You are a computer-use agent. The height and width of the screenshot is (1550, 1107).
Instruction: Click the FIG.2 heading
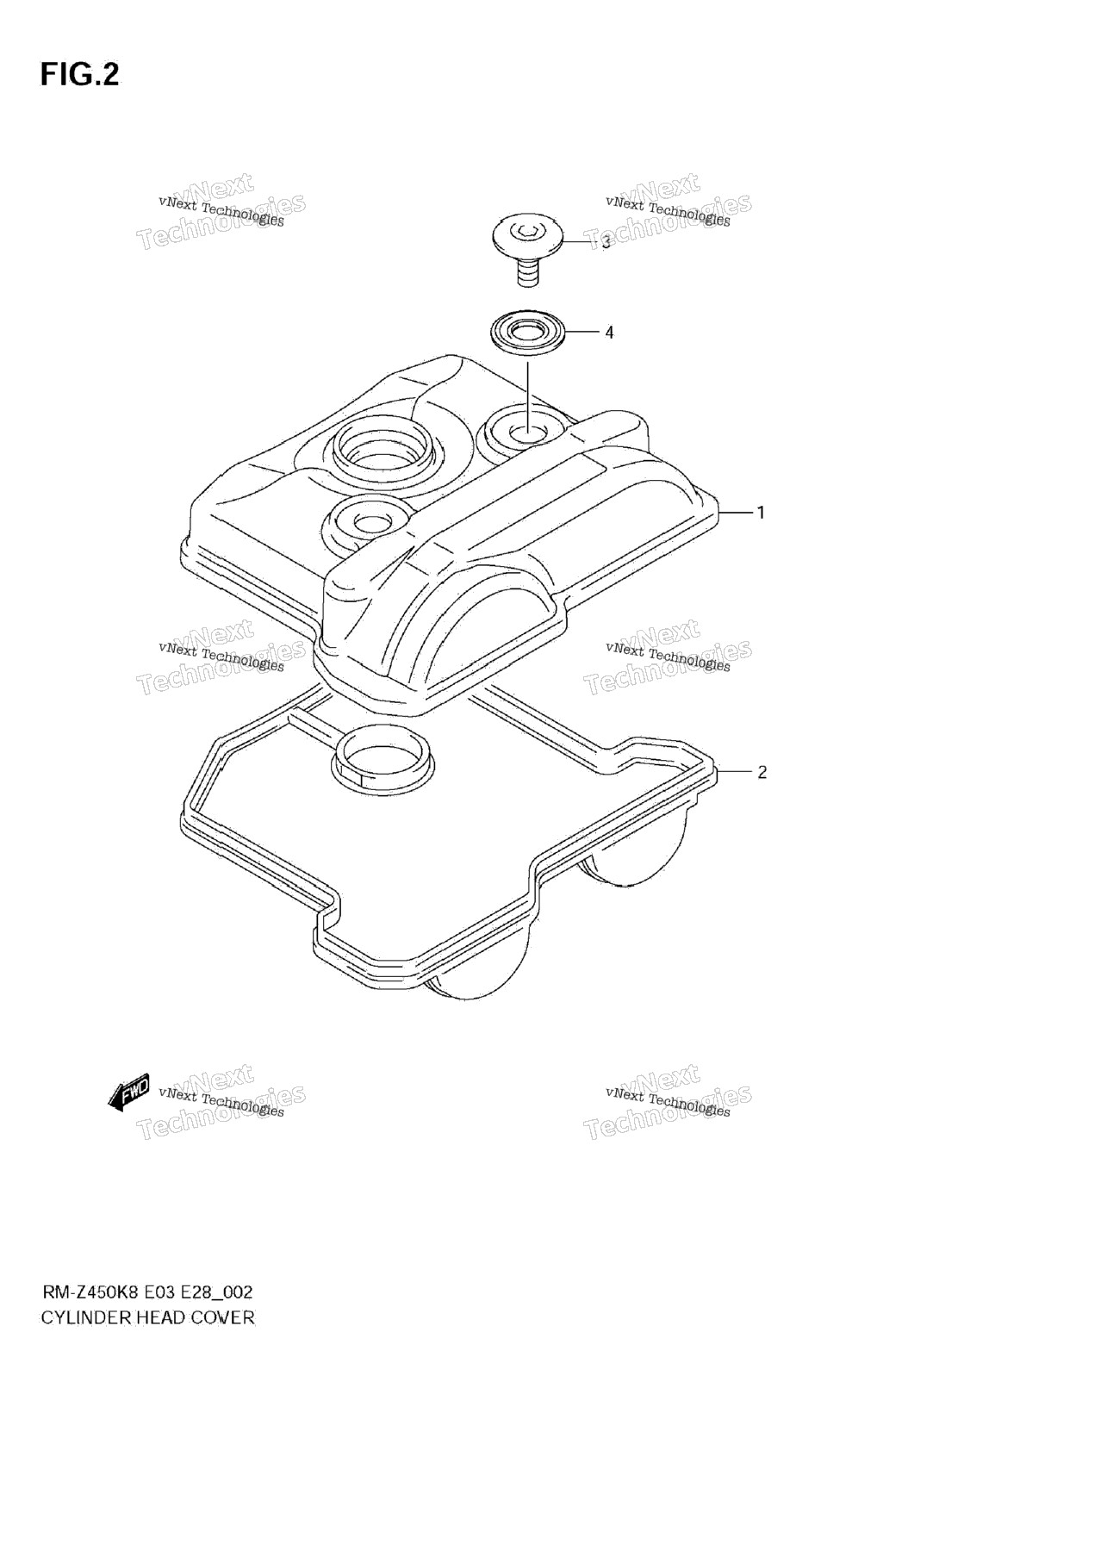click(x=79, y=76)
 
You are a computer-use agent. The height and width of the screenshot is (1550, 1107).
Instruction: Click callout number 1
click(x=761, y=513)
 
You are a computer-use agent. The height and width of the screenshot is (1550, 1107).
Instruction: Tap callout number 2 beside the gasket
click(x=762, y=772)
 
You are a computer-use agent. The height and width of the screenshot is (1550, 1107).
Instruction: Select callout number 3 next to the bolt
click(x=606, y=242)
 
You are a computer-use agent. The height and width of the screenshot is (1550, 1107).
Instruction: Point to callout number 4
click(x=609, y=333)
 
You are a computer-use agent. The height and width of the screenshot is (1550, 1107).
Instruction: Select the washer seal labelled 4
click(x=526, y=332)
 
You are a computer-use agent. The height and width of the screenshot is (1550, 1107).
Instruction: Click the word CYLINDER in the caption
click(x=86, y=1317)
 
